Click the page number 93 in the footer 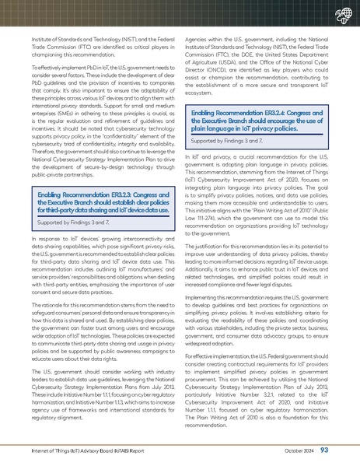[x=323, y=450]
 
